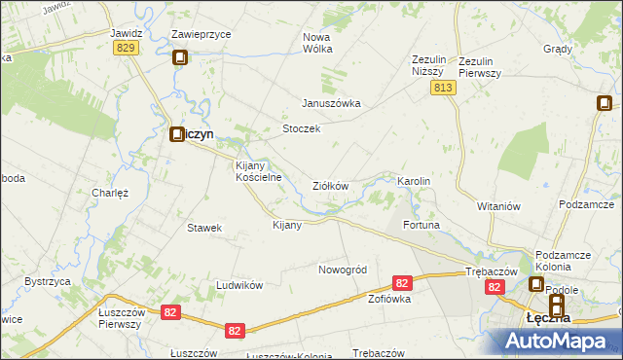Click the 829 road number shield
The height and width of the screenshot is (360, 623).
click(124, 48)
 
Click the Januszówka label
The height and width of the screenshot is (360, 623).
click(331, 103)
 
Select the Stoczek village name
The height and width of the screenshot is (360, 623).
click(301, 128)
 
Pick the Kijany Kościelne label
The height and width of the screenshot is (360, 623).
click(259, 171)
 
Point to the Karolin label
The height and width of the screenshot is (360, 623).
click(414, 182)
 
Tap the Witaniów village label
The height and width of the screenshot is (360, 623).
click(500, 206)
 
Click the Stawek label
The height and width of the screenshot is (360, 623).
click(205, 228)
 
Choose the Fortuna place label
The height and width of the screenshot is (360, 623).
click(422, 225)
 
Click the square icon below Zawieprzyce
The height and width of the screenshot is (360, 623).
click(180, 58)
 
